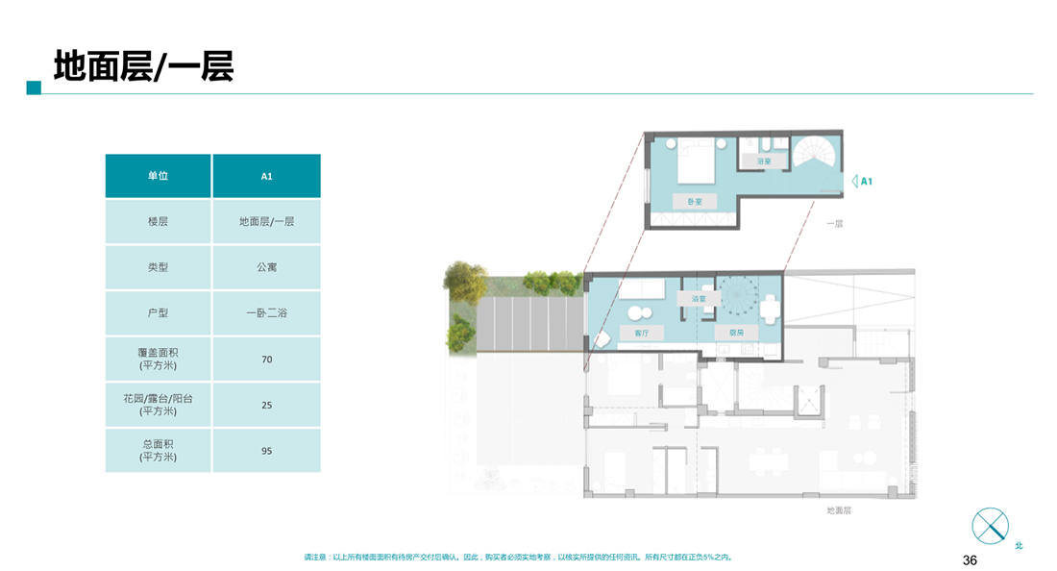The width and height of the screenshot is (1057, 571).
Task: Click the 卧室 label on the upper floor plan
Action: pos(695,202)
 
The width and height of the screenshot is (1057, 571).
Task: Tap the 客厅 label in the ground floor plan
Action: pos(642,333)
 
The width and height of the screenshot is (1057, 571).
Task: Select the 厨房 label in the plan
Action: pos(736,333)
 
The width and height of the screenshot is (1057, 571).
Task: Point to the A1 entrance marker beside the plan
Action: pos(862,182)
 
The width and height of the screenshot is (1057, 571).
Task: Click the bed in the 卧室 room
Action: pos(696,161)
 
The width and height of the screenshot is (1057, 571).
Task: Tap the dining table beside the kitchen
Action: pos(770,309)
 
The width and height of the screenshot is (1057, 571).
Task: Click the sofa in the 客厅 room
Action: pos(640,289)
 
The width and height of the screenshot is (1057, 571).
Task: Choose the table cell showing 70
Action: pos(267,360)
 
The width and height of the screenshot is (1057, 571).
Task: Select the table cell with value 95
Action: pos(267,451)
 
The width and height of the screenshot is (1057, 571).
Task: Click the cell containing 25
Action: pos(267,405)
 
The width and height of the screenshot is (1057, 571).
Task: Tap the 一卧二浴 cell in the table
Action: pos(267,312)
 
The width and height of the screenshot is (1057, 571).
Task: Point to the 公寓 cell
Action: pos(267,267)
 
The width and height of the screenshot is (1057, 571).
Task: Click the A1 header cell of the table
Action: pos(267,176)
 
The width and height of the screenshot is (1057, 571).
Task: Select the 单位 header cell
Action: pos(158,176)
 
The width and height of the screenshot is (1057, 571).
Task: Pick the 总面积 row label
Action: pos(158,451)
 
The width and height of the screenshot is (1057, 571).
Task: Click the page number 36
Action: pos(970,560)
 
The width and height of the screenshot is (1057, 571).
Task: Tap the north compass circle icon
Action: pos(991,526)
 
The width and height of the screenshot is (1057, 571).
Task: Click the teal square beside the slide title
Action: pos(34,87)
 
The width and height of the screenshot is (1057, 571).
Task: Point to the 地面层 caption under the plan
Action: pos(839,510)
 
